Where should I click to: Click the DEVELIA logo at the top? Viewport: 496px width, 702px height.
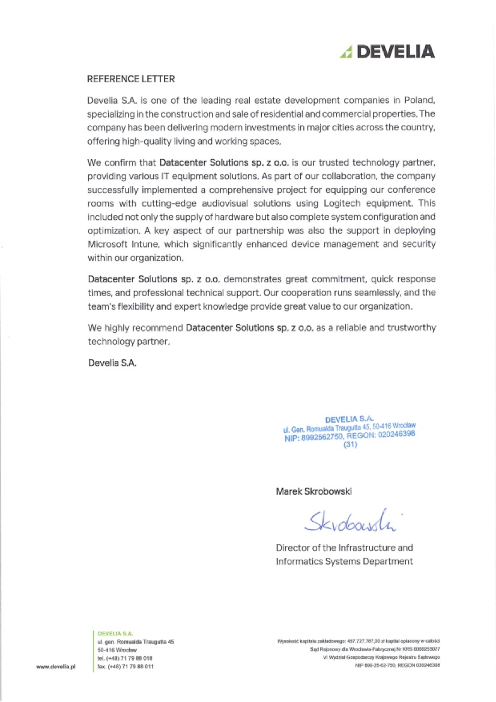387,52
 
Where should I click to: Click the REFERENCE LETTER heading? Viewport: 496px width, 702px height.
131,79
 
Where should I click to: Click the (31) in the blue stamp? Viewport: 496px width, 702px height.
350,446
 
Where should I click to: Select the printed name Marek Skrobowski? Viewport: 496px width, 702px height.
314,491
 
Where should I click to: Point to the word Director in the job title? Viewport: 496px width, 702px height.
292,548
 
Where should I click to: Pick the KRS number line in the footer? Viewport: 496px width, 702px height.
375,650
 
